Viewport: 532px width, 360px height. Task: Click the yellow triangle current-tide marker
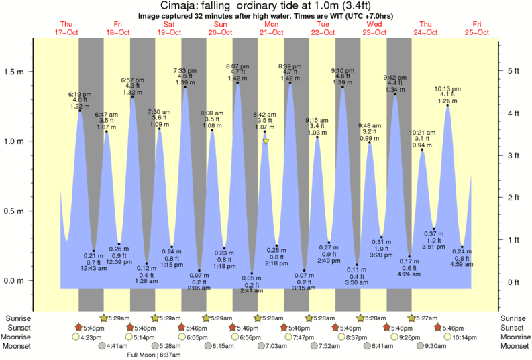pyautogui.click(x=266, y=142)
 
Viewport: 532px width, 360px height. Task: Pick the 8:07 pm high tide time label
pyautogui.click(x=237, y=66)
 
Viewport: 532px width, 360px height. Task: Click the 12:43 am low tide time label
pyautogui.click(x=93, y=269)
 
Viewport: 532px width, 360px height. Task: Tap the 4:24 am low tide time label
pyautogui.click(x=409, y=274)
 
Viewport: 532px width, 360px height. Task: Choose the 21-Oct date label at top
pyautogui.click(x=272, y=32)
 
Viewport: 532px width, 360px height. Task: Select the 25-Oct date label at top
pyautogui.click(x=478, y=32)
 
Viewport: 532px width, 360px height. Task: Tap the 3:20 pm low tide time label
pyautogui.click(x=381, y=255)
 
